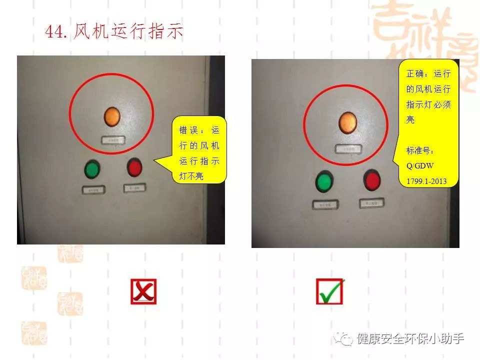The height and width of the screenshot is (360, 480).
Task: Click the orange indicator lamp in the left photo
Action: pyautogui.click(x=112, y=116)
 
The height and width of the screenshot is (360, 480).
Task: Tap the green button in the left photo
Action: pyautogui.click(x=92, y=169)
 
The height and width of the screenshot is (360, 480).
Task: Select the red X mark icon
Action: pyautogui.click(x=143, y=291)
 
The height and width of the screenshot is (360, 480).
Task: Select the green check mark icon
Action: pyautogui.click(x=330, y=291)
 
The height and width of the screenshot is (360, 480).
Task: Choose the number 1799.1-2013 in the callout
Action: pyautogui.click(x=426, y=181)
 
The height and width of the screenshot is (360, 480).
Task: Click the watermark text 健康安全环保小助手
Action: pyautogui.click(x=410, y=339)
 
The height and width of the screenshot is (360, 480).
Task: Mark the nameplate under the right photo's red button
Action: pyautogui.click(x=371, y=203)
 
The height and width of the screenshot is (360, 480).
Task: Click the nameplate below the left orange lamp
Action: pyautogui.click(x=112, y=140)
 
